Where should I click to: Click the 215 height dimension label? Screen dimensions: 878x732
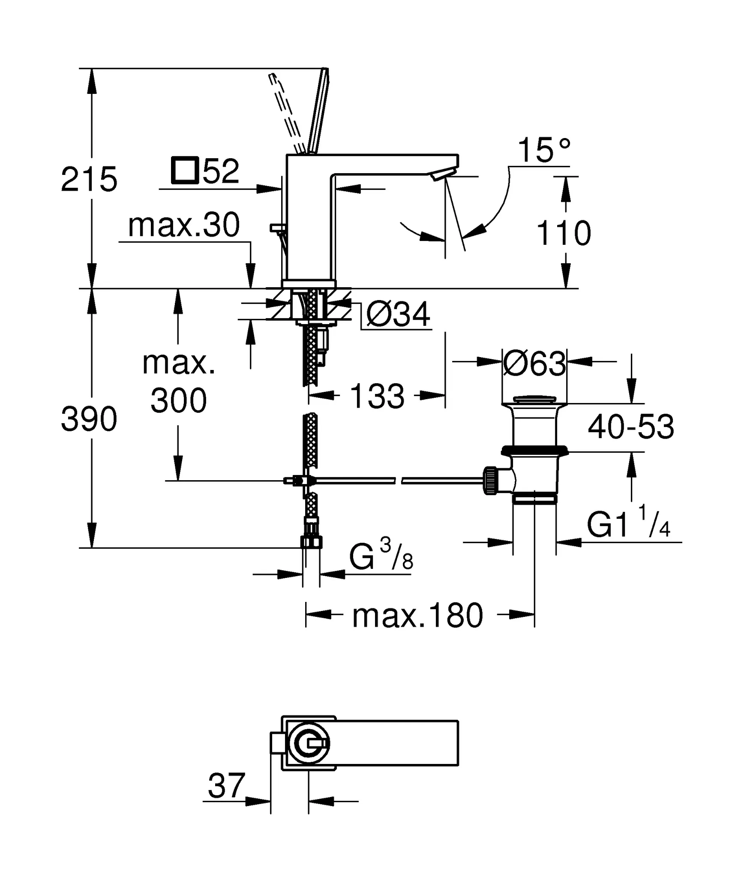[89, 179]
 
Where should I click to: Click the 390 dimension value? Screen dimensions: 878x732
[89, 419]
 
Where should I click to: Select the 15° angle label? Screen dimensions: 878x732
[544, 150]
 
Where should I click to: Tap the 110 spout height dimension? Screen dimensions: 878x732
[564, 233]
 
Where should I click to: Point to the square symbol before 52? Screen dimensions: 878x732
[184, 171]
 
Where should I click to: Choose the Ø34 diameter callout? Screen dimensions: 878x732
[398, 315]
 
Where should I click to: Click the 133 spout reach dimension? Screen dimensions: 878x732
[377, 396]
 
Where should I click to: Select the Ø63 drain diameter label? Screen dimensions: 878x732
[534, 364]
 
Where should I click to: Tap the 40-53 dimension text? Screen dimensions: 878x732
[631, 427]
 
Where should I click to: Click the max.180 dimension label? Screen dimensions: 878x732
[417, 616]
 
